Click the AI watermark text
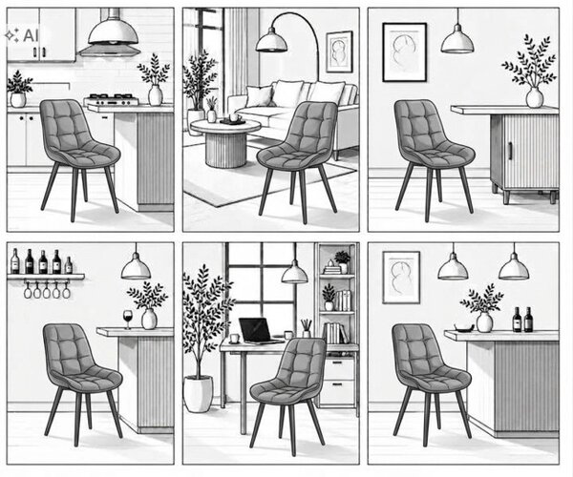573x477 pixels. (x=31, y=35)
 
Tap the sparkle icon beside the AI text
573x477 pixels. (x=11, y=35)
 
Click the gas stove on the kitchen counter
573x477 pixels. (x=112, y=99)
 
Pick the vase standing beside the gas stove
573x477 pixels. (x=156, y=94)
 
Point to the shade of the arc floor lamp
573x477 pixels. (x=271, y=40)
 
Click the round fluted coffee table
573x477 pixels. (x=225, y=143)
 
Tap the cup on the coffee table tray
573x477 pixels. (x=234, y=117)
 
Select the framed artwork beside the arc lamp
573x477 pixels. (x=339, y=52)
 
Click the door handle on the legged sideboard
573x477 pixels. (x=510, y=151)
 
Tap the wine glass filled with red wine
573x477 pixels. (x=128, y=319)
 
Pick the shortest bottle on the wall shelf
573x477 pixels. (x=69, y=265)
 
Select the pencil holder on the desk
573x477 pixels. (x=307, y=328)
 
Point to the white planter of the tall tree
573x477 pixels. (x=198, y=394)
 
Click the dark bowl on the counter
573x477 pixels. (x=464, y=328)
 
